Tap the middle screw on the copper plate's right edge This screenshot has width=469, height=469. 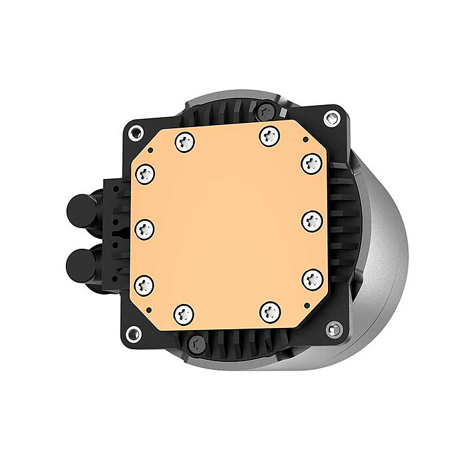click(x=311, y=221)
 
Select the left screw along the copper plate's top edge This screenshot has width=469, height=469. click(x=184, y=140)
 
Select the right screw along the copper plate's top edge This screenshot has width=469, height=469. click(x=269, y=136)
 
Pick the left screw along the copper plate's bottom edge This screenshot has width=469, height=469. click(x=184, y=313)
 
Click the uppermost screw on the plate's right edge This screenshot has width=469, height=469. click(x=311, y=162)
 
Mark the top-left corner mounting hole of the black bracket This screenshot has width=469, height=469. click(x=136, y=131)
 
